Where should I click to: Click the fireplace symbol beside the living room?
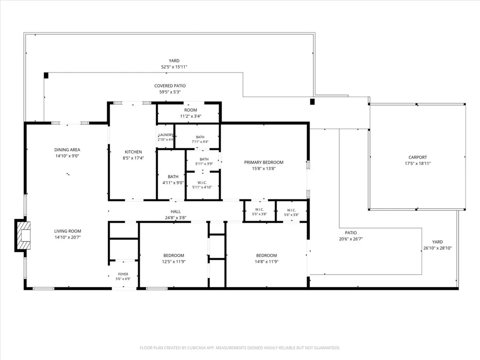coord(23,235)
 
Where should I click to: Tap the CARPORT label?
coord(418,157)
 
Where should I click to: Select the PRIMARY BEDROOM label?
coord(264,162)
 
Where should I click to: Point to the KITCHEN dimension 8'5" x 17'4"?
coord(133,158)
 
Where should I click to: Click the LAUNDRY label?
coord(166,135)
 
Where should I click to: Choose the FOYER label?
coord(123,274)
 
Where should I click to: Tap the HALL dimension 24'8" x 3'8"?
coord(175,217)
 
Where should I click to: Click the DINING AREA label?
coord(67,150)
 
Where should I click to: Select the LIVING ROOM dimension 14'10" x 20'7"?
coord(67,237)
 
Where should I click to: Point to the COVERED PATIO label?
coord(170,86)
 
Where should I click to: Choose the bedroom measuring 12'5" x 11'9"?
coord(174,255)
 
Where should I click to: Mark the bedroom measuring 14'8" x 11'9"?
coord(266,255)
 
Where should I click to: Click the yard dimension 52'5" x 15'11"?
coord(174,67)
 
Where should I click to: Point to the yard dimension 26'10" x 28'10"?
coord(437,248)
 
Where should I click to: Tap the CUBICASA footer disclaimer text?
coord(240,348)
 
